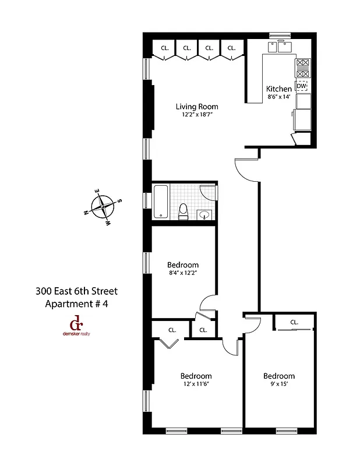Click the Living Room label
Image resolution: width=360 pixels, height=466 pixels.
pyautogui.click(x=197, y=107)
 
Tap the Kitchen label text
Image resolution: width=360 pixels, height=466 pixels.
pyautogui.click(x=279, y=89)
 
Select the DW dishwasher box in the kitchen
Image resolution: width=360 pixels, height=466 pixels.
pyautogui.click(x=301, y=86)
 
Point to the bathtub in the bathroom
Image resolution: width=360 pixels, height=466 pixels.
pyautogui.click(x=161, y=202)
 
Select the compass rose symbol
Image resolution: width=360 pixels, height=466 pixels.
pyautogui.click(x=103, y=206)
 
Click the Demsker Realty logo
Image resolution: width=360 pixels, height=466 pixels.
pyautogui.click(x=76, y=326)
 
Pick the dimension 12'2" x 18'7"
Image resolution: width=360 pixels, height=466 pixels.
pyautogui.click(x=197, y=115)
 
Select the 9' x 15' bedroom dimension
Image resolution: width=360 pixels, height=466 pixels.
pyautogui.click(x=278, y=384)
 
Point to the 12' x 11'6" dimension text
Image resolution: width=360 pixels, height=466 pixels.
pyautogui.click(x=195, y=384)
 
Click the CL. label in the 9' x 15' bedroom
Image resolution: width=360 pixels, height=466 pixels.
pyautogui.click(x=294, y=322)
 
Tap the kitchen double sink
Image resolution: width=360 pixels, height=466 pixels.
pyautogui.click(x=280, y=46)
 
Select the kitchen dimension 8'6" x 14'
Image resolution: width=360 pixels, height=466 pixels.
pyautogui.click(x=279, y=97)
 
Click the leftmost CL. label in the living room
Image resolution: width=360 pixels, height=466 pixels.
pyautogui.click(x=165, y=48)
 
